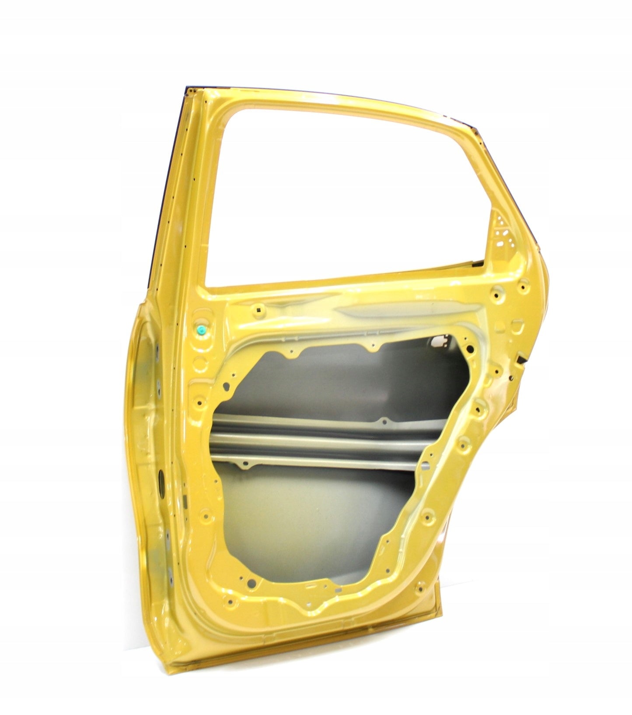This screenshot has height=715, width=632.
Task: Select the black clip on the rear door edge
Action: point(523,359)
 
